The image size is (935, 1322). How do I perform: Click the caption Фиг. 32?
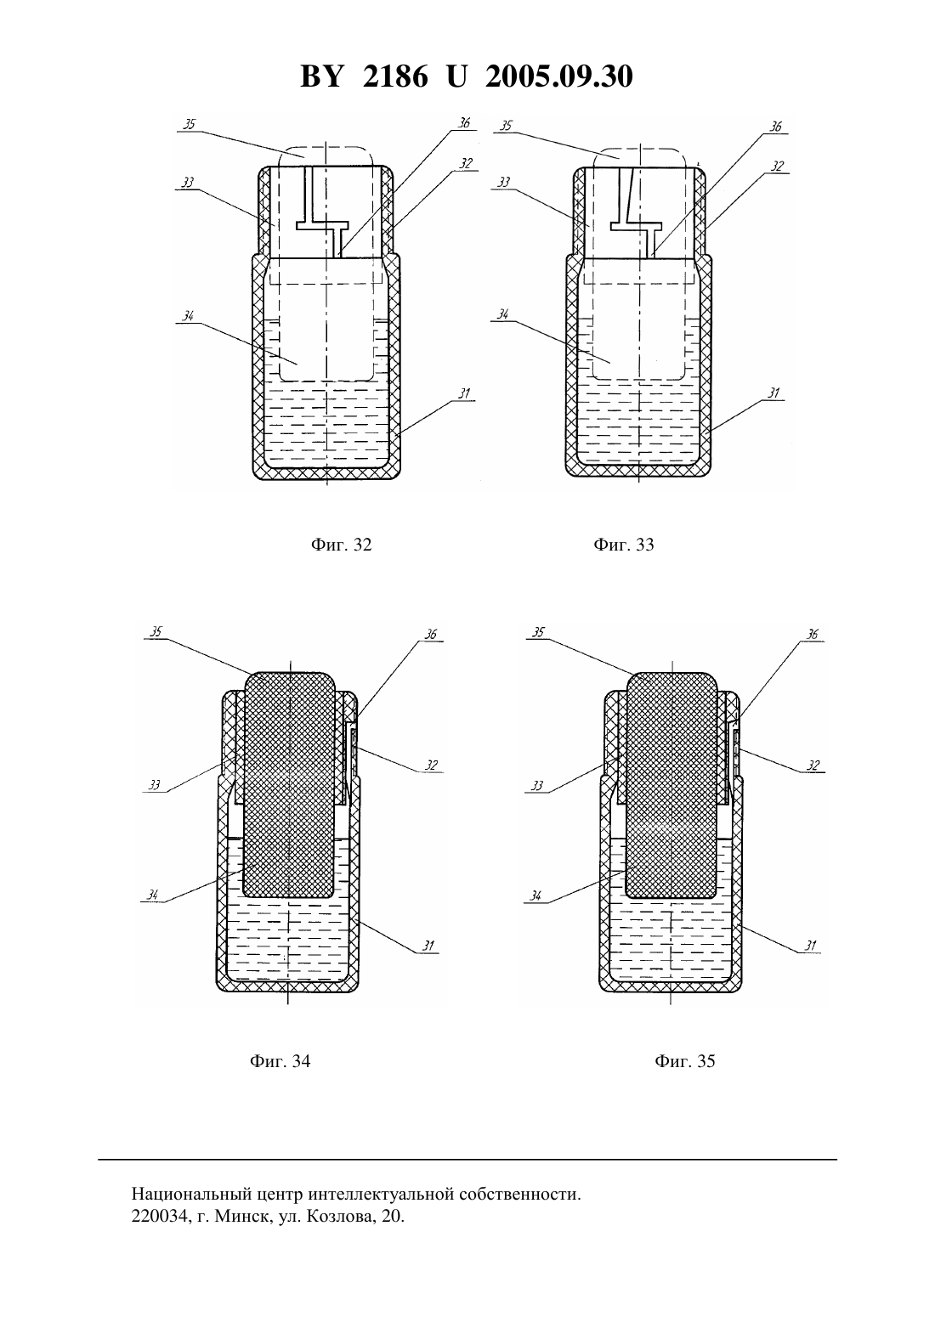pos(341,544)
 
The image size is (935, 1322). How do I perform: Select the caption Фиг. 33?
pos(624,544)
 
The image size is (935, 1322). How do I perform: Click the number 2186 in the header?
pos(395,76)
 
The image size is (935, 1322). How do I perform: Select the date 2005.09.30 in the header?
pos(559,76)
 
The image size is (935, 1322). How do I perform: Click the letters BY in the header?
pos(321,76)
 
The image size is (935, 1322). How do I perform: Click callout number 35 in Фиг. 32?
pos(190,125)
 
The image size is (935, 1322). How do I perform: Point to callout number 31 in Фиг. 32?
pos(465,393)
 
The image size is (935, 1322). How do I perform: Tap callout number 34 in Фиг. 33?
pos(503,314)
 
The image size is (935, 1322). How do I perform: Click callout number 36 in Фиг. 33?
pos(775,127)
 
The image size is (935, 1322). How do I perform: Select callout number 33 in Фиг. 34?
pos(155,785)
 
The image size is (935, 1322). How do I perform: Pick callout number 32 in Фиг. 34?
pos(432,765)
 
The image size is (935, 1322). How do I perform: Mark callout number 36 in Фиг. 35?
pos(813,635)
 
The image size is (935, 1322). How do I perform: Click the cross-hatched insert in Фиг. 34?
pos(289,785)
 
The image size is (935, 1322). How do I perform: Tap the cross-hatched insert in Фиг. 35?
pos(671,785)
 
